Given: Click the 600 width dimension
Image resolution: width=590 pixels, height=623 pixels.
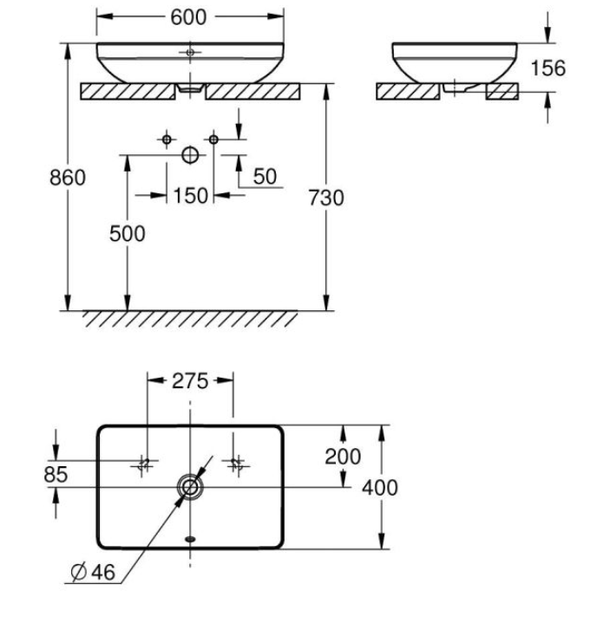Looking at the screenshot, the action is (x=188, y=17).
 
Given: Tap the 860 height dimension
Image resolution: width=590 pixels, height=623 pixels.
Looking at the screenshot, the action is (x=68, y=178).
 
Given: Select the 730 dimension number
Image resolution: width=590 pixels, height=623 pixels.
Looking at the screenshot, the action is (x=326, y=198).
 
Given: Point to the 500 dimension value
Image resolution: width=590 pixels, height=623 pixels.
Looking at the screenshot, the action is (x=128, y=234).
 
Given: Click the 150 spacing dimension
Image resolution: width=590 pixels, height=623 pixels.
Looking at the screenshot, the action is (x=191, y=196).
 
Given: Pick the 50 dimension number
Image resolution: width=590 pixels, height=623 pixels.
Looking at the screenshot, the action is (x=265, y=177).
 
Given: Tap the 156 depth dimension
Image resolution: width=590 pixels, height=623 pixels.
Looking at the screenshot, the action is (x=548, y=68).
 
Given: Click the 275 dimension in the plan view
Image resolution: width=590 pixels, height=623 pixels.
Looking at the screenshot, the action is (x=190, y=381).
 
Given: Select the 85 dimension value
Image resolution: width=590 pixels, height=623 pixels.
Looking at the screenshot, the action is (x=56, y=474).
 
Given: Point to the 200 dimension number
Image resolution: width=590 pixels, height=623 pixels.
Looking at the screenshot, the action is (x=343, y=456).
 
